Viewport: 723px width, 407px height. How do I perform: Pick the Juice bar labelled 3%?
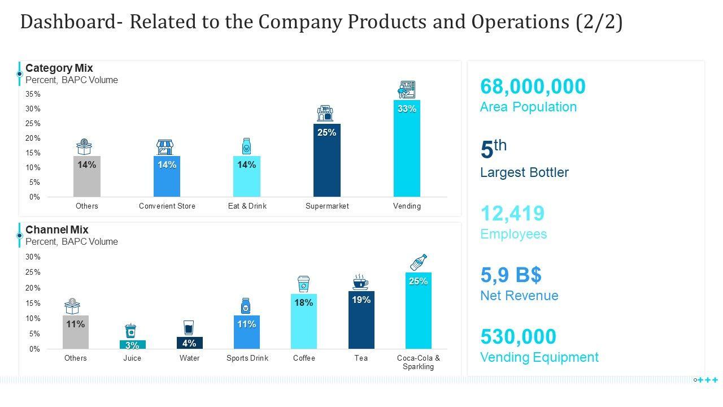click(132, 345)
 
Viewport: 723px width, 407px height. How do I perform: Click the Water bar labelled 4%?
click(189, 343)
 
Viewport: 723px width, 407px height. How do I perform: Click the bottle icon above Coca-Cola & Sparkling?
click(418, 262)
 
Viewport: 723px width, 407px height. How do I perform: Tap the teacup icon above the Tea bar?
click(360, 282)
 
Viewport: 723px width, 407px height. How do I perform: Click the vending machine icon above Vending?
click(407, 89)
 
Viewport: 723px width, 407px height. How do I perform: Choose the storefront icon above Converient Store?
click(164, 147)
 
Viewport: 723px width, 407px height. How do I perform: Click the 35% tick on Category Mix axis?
click(33, 94)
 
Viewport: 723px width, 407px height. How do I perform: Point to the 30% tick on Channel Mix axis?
click(33, 257)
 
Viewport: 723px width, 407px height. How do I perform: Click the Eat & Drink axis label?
click(247, 206)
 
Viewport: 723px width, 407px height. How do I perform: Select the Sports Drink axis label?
click(247, 358)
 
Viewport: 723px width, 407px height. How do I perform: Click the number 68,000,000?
click(533, 86)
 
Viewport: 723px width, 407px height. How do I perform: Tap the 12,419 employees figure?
click(512, 214)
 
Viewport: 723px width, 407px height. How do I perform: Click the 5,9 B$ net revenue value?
click(511, 275)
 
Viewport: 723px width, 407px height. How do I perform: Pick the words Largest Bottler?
click(524, 172)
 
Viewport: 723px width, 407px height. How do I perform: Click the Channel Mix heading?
click(56, 230)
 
